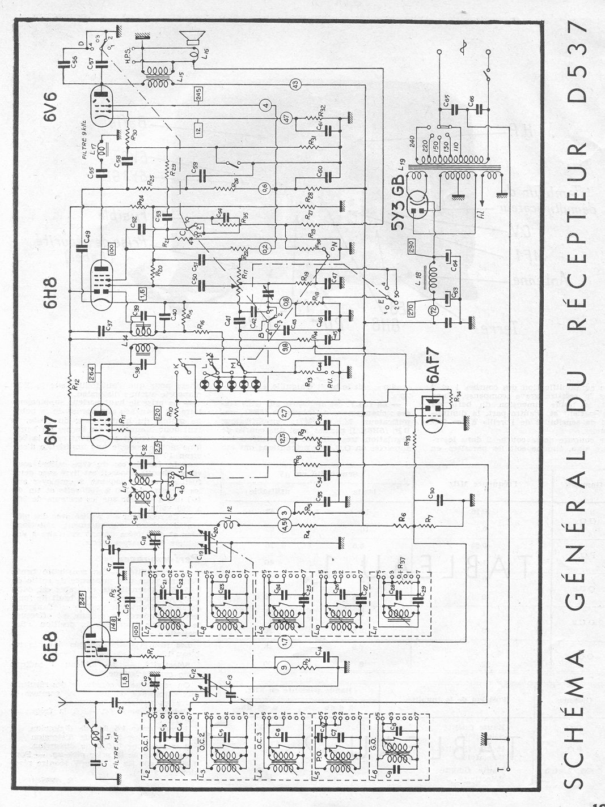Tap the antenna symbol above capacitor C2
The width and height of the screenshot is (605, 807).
[x=64, y=704]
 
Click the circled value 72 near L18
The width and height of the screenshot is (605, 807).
[x=434, y=310]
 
